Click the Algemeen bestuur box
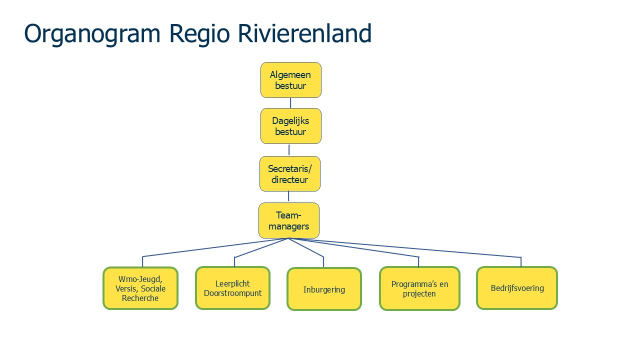[290, 80]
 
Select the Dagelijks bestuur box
[290, 126]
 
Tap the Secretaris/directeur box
[289, 173]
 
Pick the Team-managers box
[288, 220]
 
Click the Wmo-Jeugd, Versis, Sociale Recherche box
[140, 288]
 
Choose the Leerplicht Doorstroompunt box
[232, 288]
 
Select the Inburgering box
[324, 289]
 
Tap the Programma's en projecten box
[419, 288]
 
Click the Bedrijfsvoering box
[516, 288]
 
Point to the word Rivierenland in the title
[304, 34]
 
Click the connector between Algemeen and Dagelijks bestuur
[290, 103]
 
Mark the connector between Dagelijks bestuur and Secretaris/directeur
[289, 150]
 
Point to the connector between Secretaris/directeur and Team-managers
[288, 197]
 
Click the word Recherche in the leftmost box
[140, 298]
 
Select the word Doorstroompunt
[232, 293]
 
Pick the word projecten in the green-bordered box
[419, 293]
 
